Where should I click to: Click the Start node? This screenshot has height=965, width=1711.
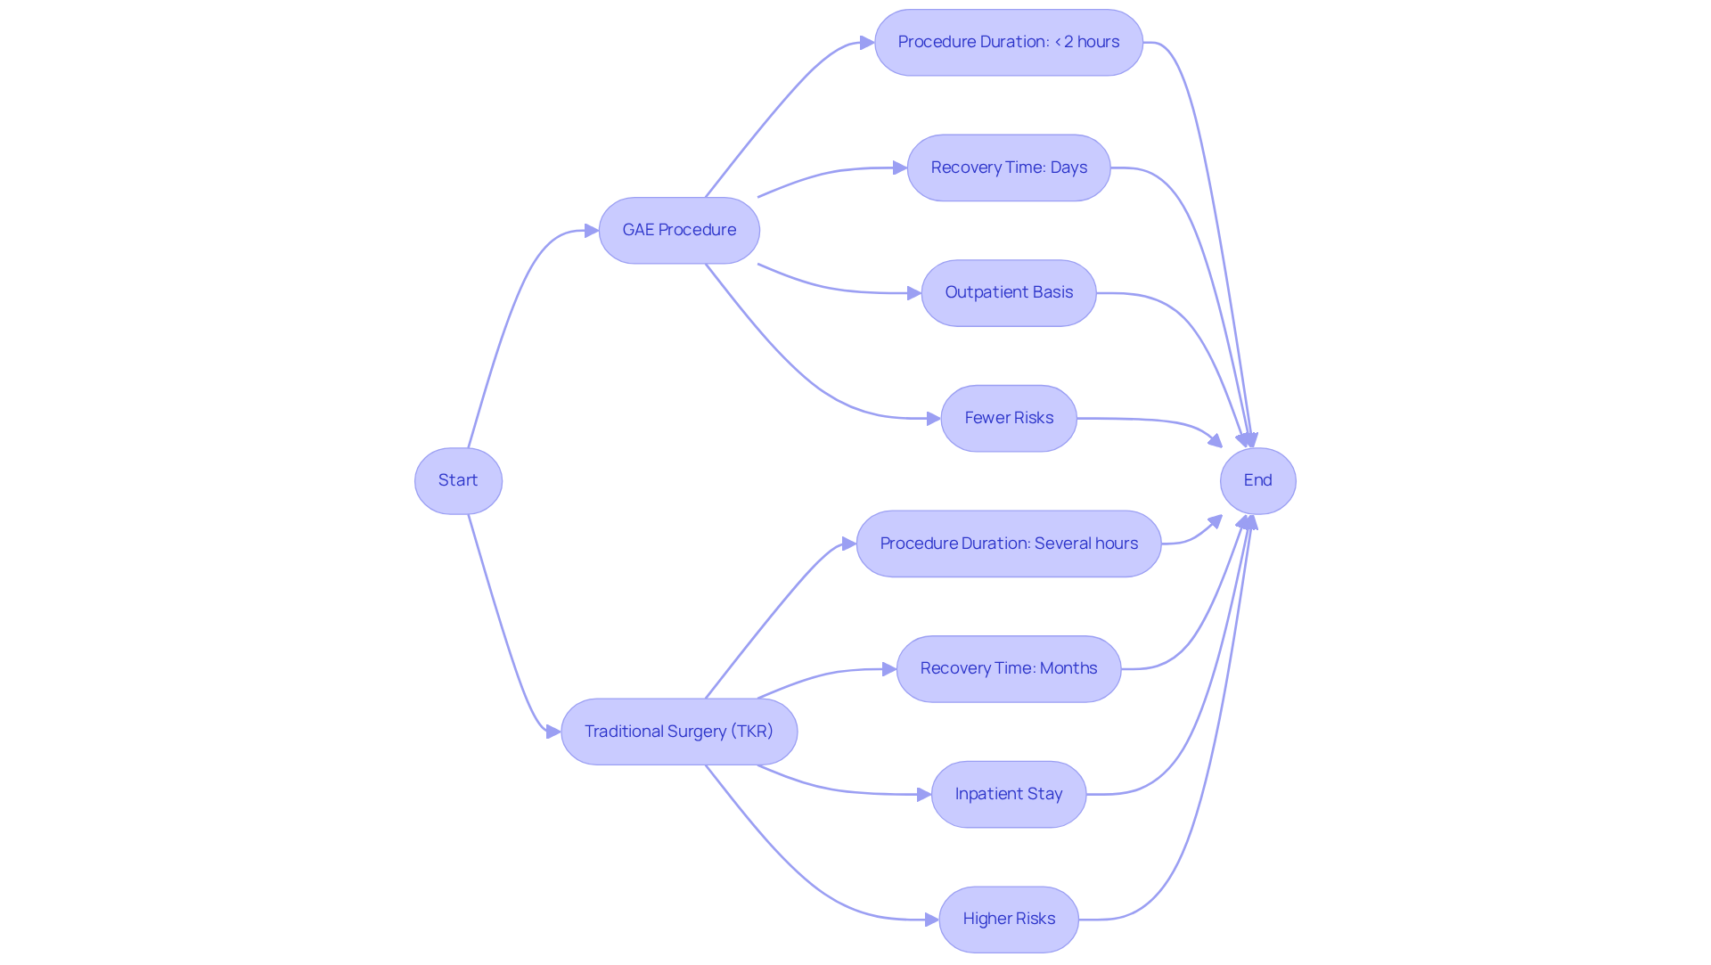coord(458,481)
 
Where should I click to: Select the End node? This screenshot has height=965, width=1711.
coord(1257,481)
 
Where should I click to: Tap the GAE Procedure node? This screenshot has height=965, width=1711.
coord(679,231)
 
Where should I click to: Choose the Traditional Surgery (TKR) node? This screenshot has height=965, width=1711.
coord(679,732)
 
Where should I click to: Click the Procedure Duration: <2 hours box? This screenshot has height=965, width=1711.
coord(1008,43)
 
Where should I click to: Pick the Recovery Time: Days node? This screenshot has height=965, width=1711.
coord(1008,168)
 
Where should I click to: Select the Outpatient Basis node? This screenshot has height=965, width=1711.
coord(1008,293)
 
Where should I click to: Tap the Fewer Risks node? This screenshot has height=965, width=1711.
coord(1008,419)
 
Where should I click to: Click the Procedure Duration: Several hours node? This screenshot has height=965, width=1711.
coord(1008,544)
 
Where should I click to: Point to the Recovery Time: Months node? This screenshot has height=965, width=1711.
coord(1008,669)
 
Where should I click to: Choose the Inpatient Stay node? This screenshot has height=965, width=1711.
coord(1008,794)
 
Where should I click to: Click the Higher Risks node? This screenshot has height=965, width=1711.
coord(1008,920)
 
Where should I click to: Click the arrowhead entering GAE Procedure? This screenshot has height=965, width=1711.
coord(591,231)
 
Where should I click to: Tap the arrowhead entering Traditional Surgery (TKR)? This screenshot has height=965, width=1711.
coord(553,732)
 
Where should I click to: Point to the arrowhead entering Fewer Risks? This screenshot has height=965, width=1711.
coord(933,419)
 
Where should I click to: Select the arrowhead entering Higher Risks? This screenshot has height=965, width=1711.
coord(931,920)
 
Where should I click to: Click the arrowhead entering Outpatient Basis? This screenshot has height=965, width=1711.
coord(913,293)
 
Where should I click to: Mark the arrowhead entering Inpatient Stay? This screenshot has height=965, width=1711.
coord(923,794)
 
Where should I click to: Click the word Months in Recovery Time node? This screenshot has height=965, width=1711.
coord(1068,668)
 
